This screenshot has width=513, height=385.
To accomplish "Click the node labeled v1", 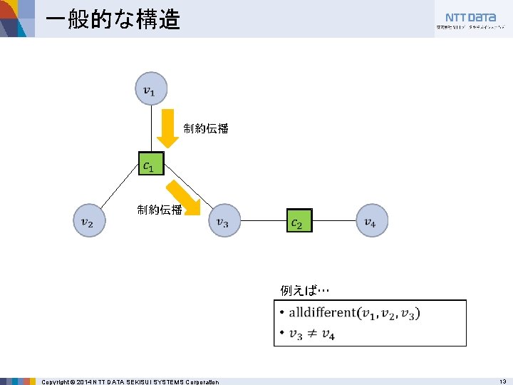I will (150, 90).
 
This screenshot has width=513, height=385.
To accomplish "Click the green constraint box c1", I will (150, 165).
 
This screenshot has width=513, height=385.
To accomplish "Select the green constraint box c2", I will (299, 222).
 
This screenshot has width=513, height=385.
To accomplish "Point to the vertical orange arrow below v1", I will (168, 127).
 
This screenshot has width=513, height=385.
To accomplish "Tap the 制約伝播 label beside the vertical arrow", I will (206, 128).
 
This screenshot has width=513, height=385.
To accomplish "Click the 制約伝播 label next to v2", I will (160, 210).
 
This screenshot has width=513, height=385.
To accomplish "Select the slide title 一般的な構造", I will (112, 19).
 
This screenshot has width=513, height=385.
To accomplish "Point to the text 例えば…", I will (304, 290).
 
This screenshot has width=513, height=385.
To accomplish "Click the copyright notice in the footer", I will (130, 381).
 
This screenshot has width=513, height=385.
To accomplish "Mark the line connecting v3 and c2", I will (264, 222).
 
